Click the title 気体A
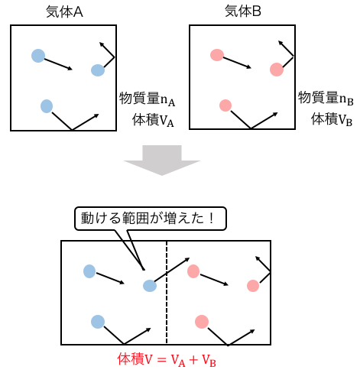click(x=64, y=11)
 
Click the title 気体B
click(x=243, y=11)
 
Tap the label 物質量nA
click(x=147, y=99)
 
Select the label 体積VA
click(x=153, y=120)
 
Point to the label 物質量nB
click(x=326, y=98)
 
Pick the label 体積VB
click(x=332, y=119)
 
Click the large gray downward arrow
click(x=162, y=161)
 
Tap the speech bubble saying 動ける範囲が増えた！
click(x=151, y=219)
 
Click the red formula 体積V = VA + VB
click(x=167, y=359)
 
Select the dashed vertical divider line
click(x=167, y=293)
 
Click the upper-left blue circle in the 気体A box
click(x=38, y=56)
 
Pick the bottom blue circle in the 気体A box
click(x=47, y=106)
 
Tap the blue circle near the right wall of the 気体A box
click(x=98, y=70)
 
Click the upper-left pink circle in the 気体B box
click(x=217, y=55)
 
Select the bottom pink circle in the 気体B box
click(x=225, y=105)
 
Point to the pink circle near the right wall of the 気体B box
click(x=277, y=70)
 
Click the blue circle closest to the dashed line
click(x=150, y=286)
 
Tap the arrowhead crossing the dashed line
click(x=187, y=260)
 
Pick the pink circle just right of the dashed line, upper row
click(x=193, y=271)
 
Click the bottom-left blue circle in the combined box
click(x=98, y=322)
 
